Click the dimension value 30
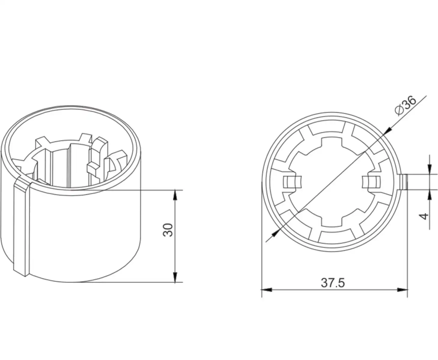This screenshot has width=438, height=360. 168,230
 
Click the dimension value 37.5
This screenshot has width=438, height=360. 333,283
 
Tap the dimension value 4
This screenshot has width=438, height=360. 424,216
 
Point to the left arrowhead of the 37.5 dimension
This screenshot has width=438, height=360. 267,290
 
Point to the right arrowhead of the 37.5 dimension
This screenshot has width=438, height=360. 403,290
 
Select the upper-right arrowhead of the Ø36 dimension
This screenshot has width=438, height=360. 388,130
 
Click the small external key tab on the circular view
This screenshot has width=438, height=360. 404,182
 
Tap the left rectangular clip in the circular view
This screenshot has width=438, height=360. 292,182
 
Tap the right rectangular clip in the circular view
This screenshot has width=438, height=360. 371,182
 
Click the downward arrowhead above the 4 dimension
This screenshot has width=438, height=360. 430,169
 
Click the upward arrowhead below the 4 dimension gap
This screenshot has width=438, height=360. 430,194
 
